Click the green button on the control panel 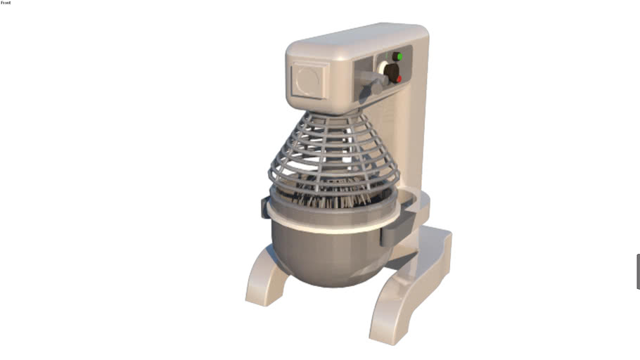pos(398,57)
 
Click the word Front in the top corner pos(6,3)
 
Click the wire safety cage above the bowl pos(331,151)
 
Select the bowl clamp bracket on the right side pos(391,233)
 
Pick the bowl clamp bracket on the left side pos(266,207)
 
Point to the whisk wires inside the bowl pos(331,200)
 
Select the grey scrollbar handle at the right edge pos(637,271)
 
